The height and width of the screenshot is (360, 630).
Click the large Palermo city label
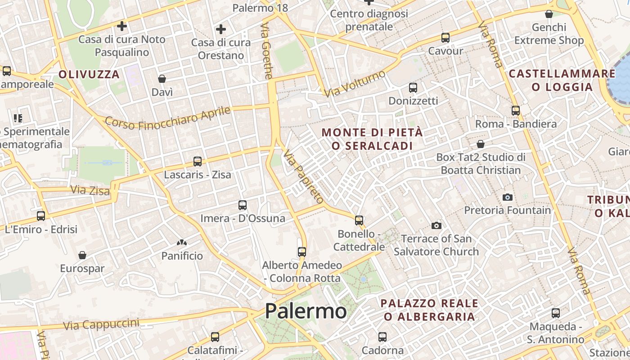point(306,311)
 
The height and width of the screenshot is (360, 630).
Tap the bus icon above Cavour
point(445,38)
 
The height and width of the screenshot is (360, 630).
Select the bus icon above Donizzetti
point(413,88)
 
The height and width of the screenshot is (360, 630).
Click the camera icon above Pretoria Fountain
point(508,197)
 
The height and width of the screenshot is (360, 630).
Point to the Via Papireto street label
point(303,177)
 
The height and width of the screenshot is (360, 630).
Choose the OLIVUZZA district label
point(89,74)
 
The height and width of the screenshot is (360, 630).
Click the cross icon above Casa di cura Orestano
point(220,30)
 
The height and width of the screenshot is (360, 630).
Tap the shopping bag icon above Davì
point(162,79)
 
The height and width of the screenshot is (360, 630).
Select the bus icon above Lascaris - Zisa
point(197,161)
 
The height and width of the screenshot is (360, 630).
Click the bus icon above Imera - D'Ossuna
point(243,205)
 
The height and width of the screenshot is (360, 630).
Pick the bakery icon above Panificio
point(182,243)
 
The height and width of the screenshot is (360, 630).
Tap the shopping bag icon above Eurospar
point(82,256)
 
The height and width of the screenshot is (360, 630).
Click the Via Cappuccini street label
point(101,324)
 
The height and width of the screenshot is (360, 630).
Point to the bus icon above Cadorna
point(382,337)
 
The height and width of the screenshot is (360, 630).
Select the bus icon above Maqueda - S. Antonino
point(556,313)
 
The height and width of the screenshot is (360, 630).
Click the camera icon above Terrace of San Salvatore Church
point(436,225)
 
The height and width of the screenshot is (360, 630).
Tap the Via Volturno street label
point(355,83)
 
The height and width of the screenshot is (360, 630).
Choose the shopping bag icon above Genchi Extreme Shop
point(549,14)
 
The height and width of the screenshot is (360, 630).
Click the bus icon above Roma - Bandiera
point(516,110)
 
